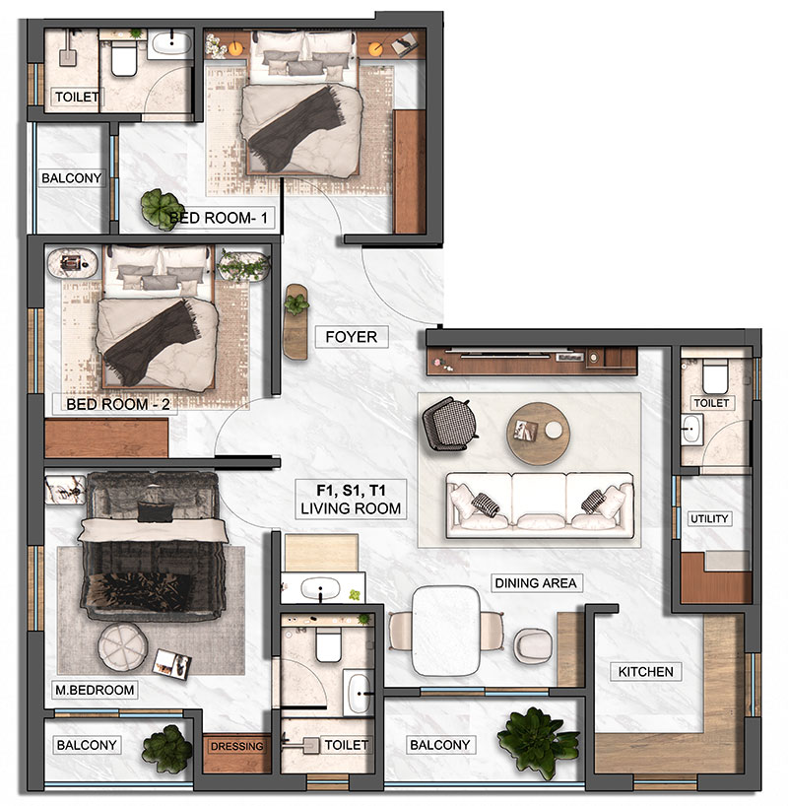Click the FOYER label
(351, 337)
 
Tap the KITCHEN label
(645, 672)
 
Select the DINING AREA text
(536, 583)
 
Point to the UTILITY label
(709, 518)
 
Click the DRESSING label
(236, 746)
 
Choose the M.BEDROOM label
(95, 690)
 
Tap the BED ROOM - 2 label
(118, 404)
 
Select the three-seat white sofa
(540, 505)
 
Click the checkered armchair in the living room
(449, 424)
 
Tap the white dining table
(446, 631)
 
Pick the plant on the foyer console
(296, 303)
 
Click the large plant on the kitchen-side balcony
(537, 741)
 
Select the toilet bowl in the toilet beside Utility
(715, 375)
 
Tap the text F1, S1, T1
(351, 491)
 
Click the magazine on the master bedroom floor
(172, 664)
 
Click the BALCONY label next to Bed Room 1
(72, 178)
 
